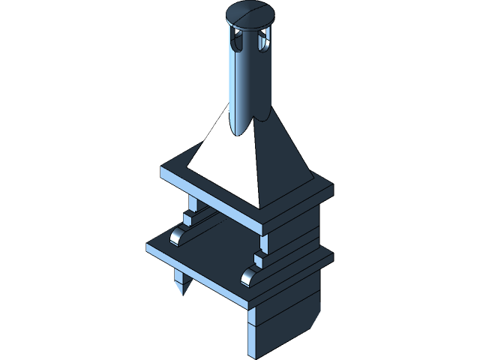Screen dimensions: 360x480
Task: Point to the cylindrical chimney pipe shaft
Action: [x=249, y=82]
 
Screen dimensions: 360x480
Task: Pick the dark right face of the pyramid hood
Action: [x=281, y=161]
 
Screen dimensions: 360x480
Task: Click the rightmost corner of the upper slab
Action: [x=332, y=187]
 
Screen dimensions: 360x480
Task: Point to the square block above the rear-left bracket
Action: [x=189, y=218]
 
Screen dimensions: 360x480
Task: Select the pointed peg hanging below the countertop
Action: [x=179, y=283]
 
